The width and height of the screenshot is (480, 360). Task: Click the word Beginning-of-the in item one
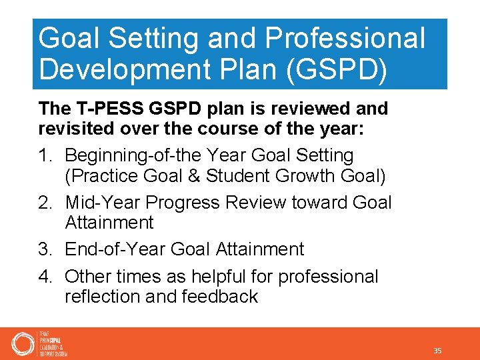point(133,156)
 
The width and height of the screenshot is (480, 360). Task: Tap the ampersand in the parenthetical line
point(195,176)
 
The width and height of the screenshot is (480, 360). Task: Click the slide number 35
point(437,351)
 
